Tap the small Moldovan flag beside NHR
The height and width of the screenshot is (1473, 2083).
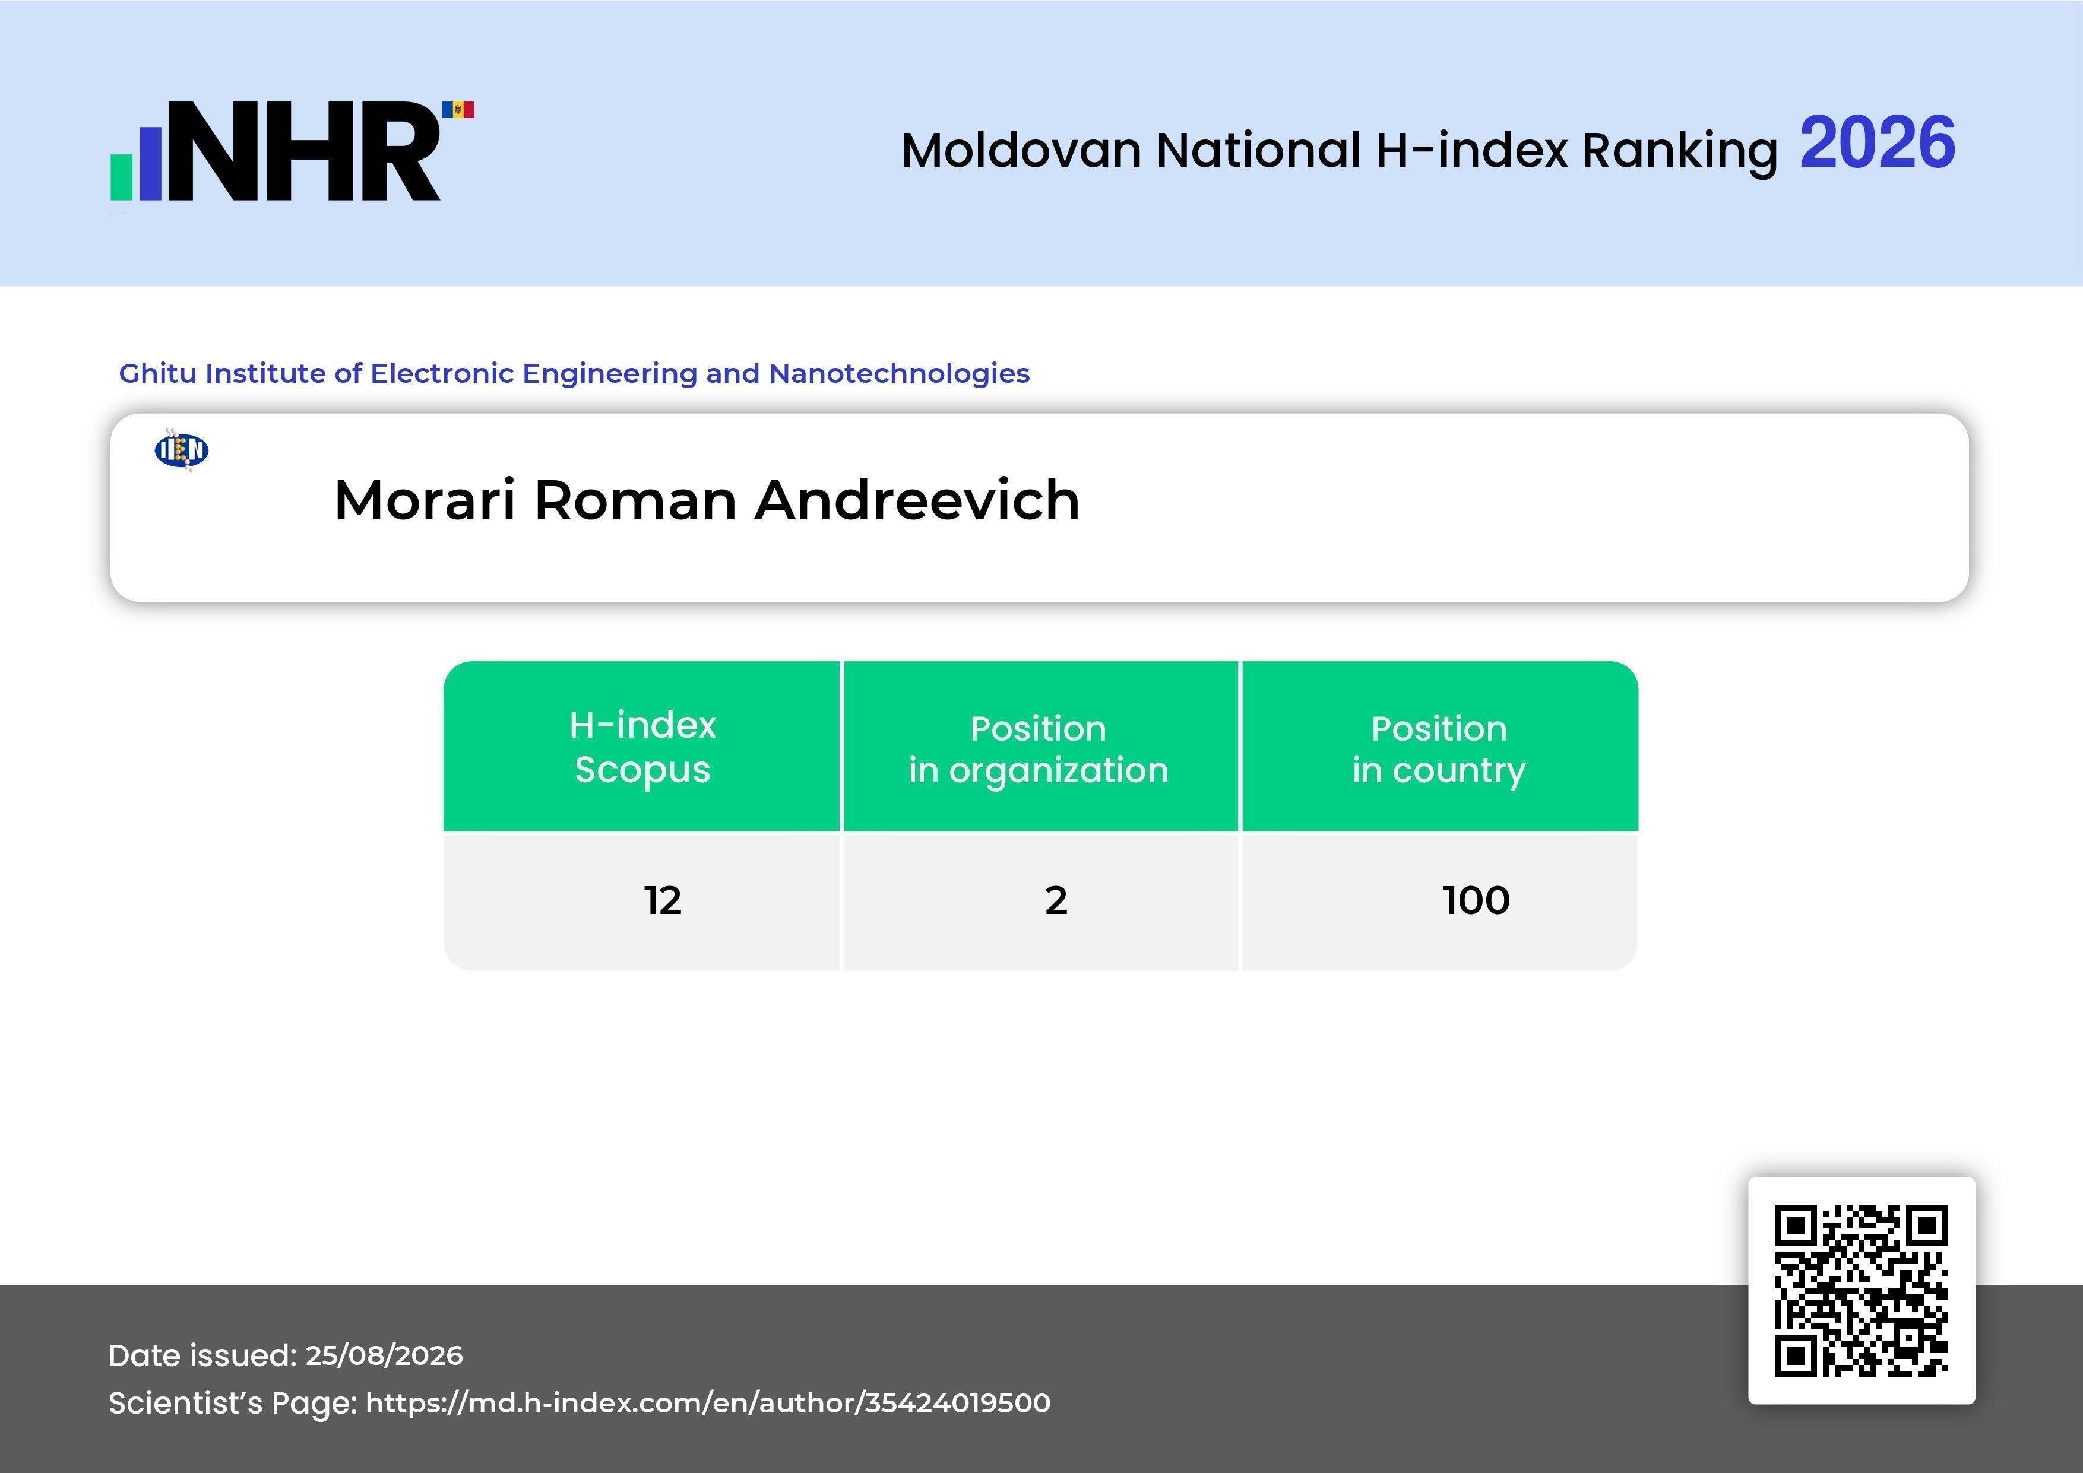click(458, 110)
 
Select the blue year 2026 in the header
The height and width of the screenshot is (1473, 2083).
click(1877, 143)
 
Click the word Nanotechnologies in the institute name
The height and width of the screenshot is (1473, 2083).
click(899, 374)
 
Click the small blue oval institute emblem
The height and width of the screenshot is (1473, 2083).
click(182, 450)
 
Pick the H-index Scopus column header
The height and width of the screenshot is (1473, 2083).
click(642, 747)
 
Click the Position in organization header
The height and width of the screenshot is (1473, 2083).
click(1039, 749)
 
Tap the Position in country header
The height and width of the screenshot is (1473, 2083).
click(1439, 749)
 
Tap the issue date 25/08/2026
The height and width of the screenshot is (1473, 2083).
click(384, 1355)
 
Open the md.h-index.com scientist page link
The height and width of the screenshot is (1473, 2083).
click(708, 1403)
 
